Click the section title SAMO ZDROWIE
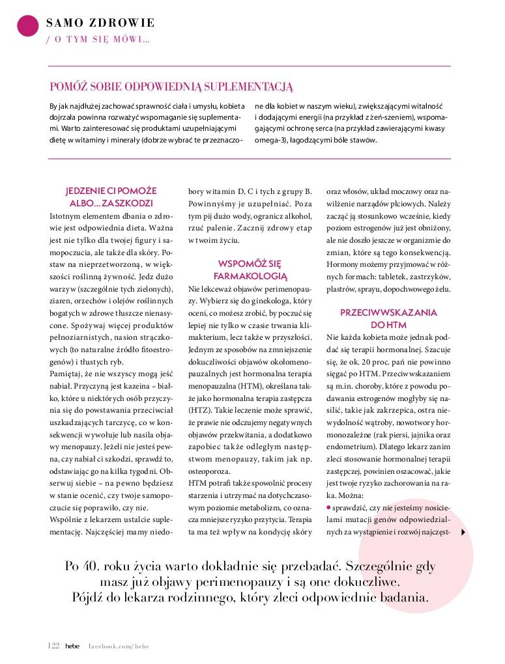(100, 23)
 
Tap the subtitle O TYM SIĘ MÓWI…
(98, 40)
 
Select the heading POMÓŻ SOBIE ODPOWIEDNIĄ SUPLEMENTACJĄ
(172, 86)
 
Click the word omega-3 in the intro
(270, 140)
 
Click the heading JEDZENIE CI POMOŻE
(111, 191)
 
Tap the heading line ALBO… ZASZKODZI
(111, 202)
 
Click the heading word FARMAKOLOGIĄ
(250, 275)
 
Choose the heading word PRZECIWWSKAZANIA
(388, 312)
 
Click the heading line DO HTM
(388, 324)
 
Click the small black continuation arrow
(463, 533)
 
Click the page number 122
(53, 645)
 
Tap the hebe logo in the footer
(71, 645)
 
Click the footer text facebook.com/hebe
(119, 645)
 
